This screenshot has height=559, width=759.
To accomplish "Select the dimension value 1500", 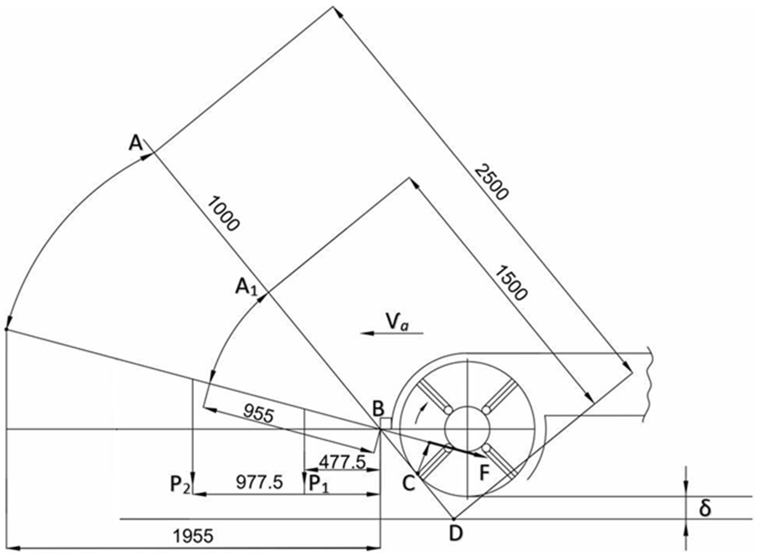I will [x=511, y=283].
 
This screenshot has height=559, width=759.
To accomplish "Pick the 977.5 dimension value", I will [x=259, y=483].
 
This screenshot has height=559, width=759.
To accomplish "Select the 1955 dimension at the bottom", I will [x=193, y=536].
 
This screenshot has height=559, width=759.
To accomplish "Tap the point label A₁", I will [x=246, y=288].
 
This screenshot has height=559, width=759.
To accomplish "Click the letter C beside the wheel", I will [x=409, y=484].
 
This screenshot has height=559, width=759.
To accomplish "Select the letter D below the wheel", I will [x=456, y=534].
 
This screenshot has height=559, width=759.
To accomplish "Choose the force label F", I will [x=485, y=473].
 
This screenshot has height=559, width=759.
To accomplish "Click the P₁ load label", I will [x=318, y=485].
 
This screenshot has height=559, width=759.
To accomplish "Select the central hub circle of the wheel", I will [x=467, y=429].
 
